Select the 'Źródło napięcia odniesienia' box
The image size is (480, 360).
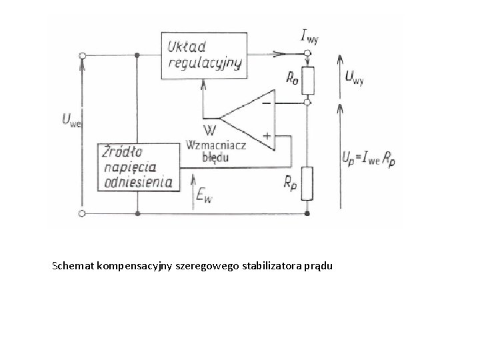[x=138, y=167]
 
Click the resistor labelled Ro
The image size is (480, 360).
[x=307, y=81]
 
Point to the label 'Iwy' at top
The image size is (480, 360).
[x=309, y=36]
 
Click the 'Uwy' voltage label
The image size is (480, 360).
[x=354, y=76]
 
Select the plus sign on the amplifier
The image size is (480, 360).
[x=265, y=135]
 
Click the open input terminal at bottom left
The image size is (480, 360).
[x=82, y=213]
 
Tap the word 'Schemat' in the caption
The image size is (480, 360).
[x=73, y=267]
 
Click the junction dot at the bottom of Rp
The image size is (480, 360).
[x=307, y=213]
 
